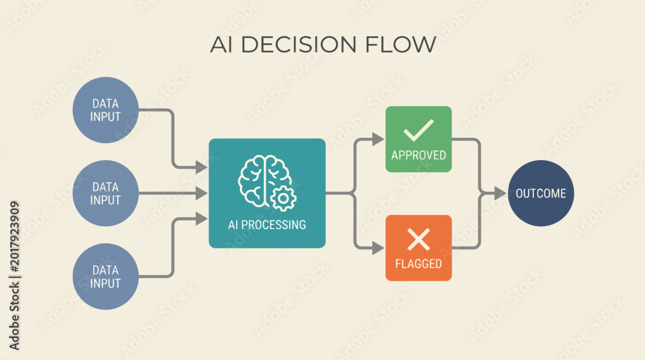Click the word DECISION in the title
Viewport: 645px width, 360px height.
[298, 45]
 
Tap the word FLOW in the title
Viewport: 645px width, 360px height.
[401, 45]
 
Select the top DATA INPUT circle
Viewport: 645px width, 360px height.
[106, 110]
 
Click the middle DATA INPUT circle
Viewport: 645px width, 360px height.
[106, 193]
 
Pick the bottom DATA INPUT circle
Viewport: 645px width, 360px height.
[106, 277]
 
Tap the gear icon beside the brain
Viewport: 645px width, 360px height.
[283, 199]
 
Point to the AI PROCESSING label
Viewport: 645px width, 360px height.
[267, 225]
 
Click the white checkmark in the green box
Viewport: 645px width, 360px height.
[419, 130]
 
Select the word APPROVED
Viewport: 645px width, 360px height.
[419, 155]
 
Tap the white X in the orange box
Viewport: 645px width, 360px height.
[419, 239]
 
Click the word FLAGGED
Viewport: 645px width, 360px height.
[419, 264]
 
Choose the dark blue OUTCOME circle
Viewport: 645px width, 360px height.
[541, 193]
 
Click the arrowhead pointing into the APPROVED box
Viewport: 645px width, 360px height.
[377, 139]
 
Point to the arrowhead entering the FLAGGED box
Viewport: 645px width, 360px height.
[377, 248]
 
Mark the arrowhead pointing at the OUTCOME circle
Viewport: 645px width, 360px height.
[500, 193]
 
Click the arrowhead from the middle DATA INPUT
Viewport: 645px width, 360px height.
[201, 193]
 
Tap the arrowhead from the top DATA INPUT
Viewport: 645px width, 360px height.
[201, 168]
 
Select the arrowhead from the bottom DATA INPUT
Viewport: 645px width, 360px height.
[201, 219]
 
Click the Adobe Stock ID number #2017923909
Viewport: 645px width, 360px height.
[14, 237]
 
